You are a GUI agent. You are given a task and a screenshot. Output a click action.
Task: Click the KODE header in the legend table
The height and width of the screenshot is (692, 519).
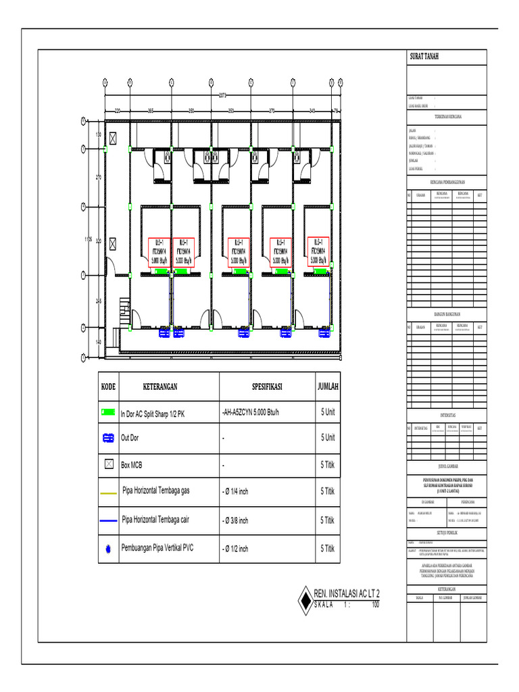[109, 388]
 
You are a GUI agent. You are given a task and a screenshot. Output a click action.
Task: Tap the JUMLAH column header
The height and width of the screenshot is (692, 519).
[328, 388]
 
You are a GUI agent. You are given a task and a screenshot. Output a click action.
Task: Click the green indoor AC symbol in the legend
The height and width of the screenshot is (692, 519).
[108, 412]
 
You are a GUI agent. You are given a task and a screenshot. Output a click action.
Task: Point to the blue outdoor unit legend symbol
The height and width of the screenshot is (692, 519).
[108, 438]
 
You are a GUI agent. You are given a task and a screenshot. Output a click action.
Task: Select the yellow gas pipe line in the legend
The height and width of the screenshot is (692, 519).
[108, 493]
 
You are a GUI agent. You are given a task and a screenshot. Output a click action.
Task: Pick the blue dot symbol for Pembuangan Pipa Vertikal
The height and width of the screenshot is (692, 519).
[108, 550]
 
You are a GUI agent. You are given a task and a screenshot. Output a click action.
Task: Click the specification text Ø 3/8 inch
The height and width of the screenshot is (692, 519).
[236, 521]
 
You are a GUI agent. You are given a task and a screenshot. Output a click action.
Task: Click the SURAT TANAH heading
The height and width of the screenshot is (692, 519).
[424, 57]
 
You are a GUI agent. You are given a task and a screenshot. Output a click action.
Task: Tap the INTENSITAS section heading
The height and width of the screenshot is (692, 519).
[446, 414]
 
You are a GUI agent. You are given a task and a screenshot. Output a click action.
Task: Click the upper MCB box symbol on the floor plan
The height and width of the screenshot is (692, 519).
[114, 137]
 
